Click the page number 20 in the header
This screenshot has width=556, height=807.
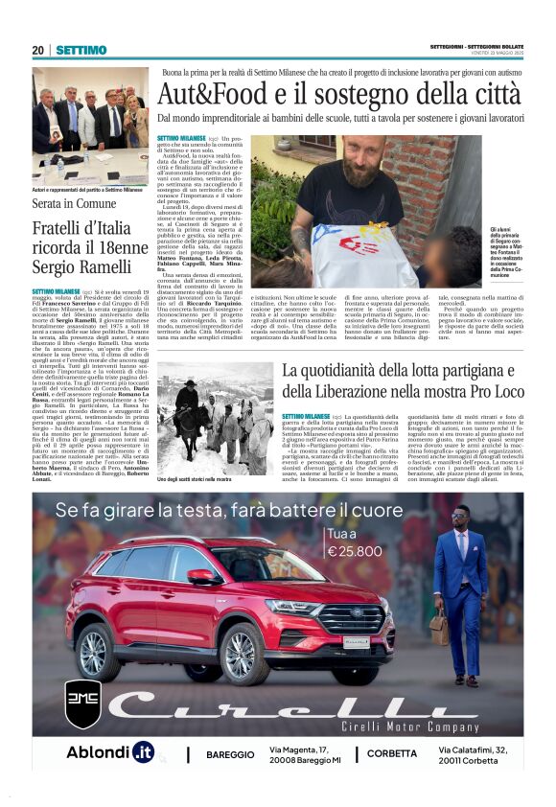click(38, 50)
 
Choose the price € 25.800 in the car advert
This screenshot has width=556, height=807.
click(354, 552)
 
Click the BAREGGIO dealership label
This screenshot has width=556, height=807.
click(229, 753)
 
